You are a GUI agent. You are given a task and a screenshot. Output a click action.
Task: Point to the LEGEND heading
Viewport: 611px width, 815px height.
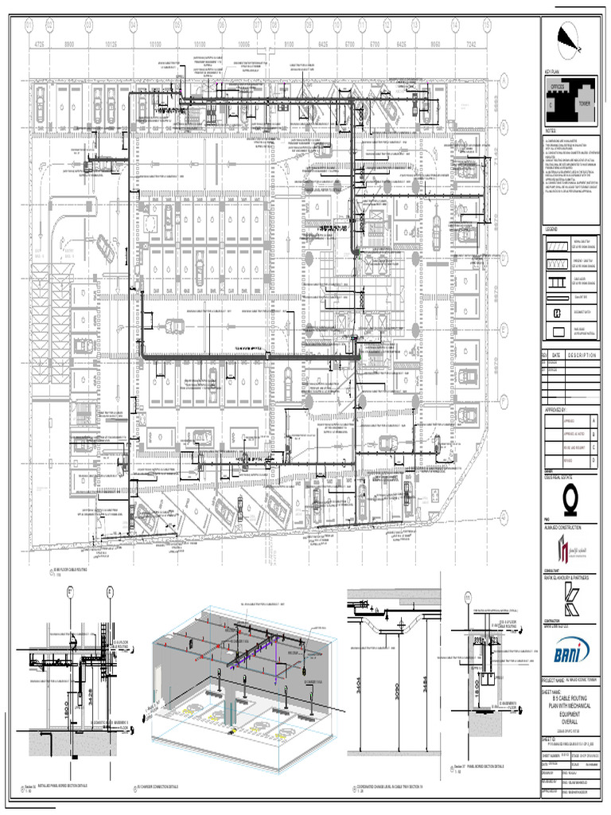[x=554, y=229]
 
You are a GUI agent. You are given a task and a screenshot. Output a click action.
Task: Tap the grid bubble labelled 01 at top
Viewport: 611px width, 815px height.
[x=30, y=25]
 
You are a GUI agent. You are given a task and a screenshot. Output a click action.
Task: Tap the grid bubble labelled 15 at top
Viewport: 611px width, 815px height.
[x=477, y=25]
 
